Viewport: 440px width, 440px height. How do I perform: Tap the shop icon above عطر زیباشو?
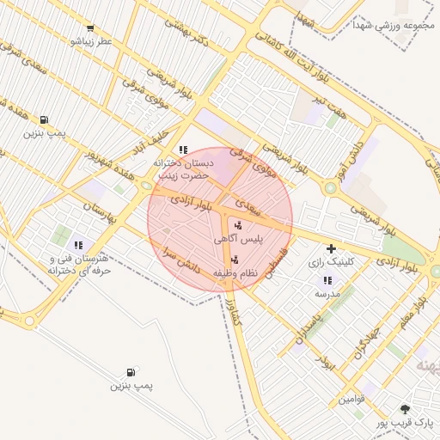click(x=90, y=28)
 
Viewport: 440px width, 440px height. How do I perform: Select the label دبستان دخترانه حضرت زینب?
click(x=182, y=168)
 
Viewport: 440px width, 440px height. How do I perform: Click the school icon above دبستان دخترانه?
click(x=182, y=149)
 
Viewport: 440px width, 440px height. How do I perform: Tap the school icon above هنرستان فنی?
click(x=79, y=245)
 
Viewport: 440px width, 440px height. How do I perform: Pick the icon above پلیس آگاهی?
click(x=238, y=225)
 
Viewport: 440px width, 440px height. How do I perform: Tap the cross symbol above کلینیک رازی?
click(x=331, y=248)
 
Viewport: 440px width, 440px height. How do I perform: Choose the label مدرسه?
click(x=327, y=293)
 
